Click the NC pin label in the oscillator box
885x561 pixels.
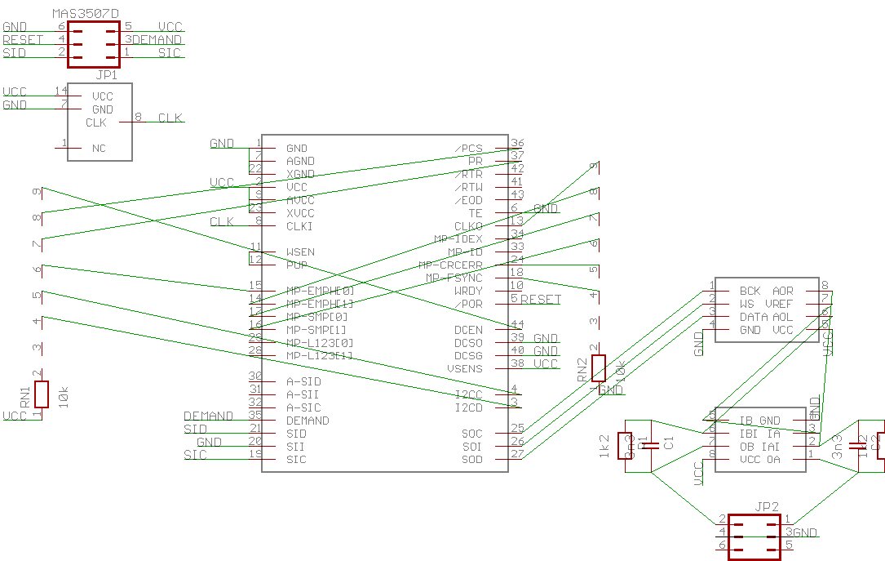pyautogui.click(x=99, y=149)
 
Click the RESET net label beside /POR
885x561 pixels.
pyautogui.click(x=541, y=299)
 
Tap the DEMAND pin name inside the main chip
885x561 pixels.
pyautogui.click(x=308, y=421)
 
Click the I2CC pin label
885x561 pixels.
pyautogui.click(x=469, y=394)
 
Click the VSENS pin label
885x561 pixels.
pyautogui.click(x=465, y=368)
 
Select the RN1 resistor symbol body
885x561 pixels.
pyautogui.click(x=42, y=394)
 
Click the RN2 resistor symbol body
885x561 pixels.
pyautogui.click(x=599, y=368)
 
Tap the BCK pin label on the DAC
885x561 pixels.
pyautogui.click(x=750, y=291)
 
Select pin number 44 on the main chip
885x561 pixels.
pyautogui.click(x=516, y=324)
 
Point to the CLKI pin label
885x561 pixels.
pyautogui.click(x=299, y=226)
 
